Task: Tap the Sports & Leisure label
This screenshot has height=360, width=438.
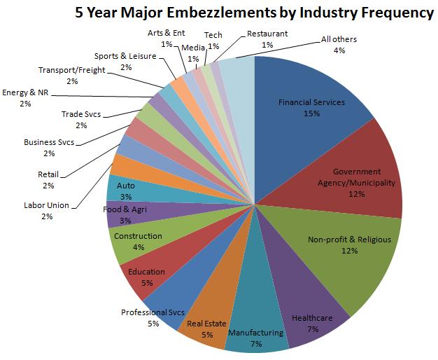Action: [126, 56]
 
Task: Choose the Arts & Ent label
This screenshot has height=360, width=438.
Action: [167, 33]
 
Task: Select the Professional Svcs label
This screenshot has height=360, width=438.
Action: [153, 312]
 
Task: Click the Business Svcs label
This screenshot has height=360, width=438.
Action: [49, 142]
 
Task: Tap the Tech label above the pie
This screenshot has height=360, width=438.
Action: [213, 34]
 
